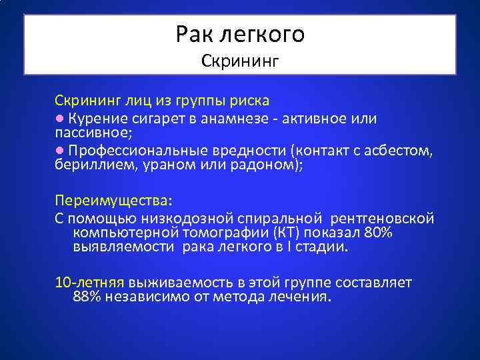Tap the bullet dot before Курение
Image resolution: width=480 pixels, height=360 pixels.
59,118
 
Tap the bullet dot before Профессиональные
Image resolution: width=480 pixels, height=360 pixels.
59,151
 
